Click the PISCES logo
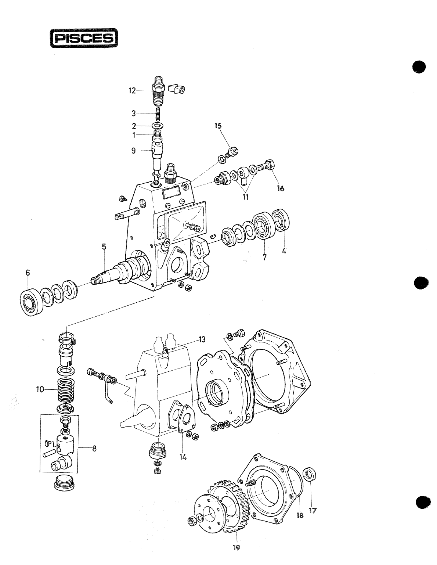point(84,39)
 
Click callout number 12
point(132,90)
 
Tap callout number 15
point(218,126)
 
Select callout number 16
point(281,188)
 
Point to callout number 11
point(245,197)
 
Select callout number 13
point(202,339)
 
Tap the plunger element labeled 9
point(156,151)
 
